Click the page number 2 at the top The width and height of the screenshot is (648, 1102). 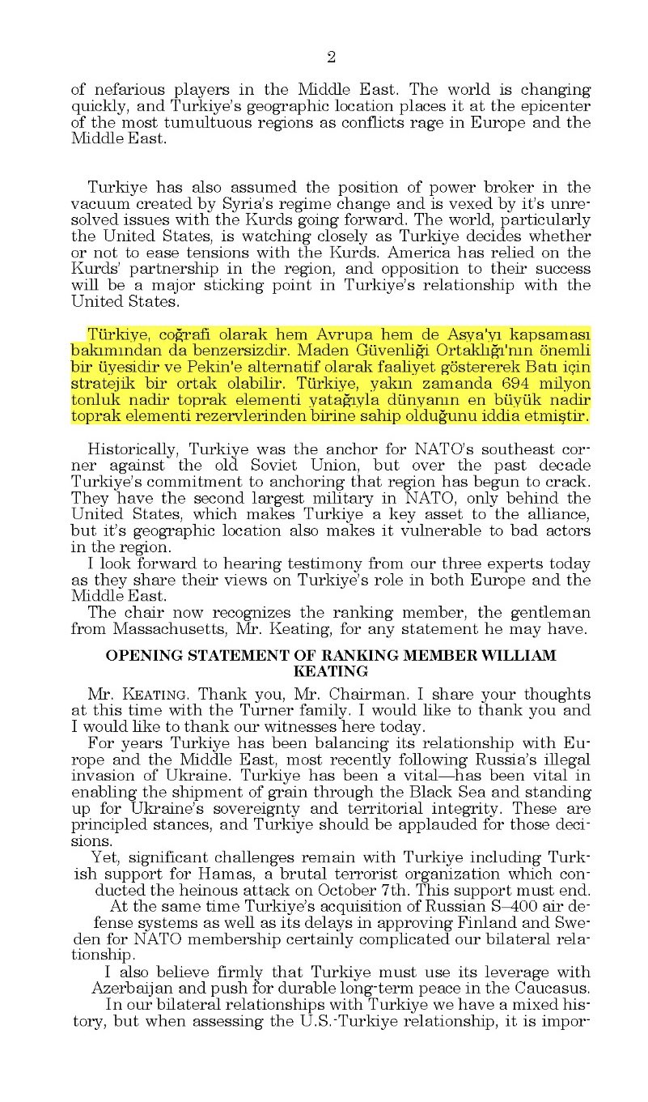click(331, 57)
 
